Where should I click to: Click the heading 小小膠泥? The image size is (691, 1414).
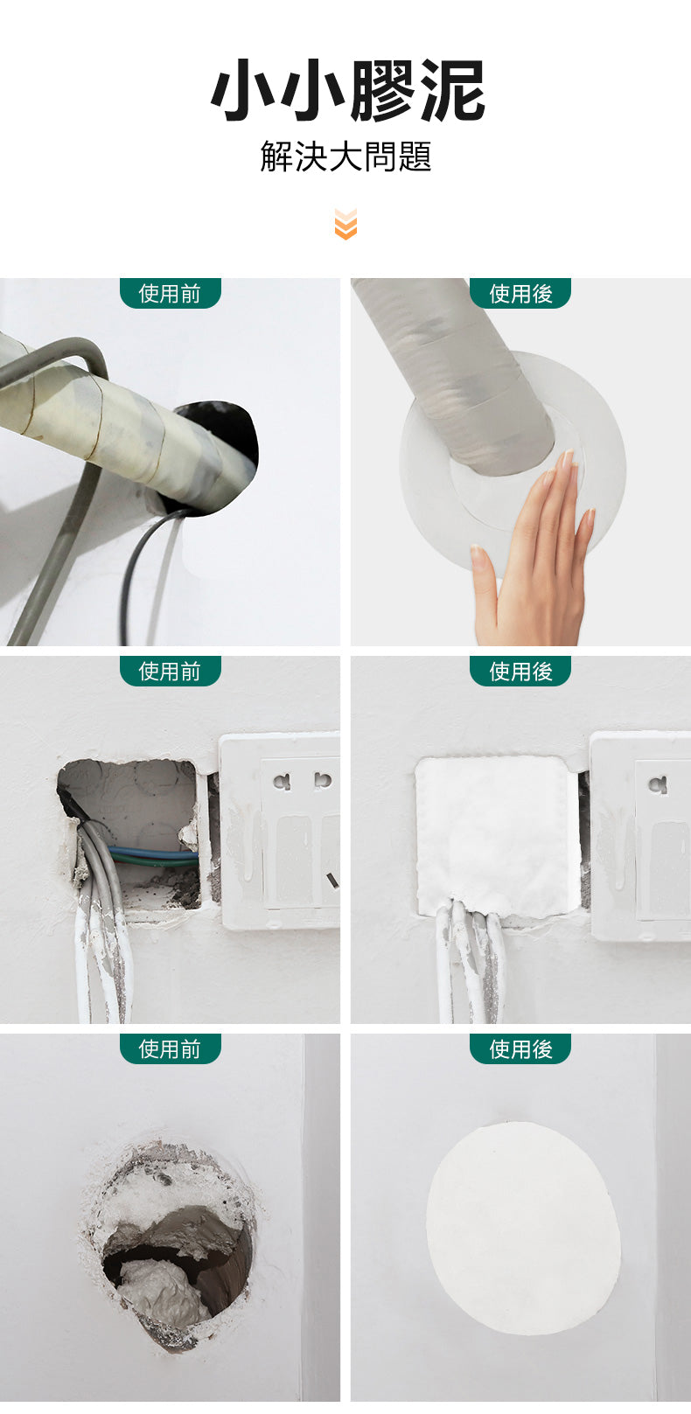coord(346,90)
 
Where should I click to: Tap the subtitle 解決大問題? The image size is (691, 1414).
coord(345,157)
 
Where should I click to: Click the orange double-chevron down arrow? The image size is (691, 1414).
coord(345,224)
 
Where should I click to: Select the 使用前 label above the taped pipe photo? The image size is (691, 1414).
coord(170,294)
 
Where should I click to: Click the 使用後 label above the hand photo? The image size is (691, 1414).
coord(520,294)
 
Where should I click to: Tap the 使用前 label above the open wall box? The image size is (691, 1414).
coord(170,671)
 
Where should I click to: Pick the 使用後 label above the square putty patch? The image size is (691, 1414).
coord(520,671)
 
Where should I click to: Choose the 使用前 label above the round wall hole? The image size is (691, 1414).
coord(170,1048)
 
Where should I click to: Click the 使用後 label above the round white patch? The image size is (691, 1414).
coord(520,1048)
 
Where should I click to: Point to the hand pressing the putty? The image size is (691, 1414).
coord(537,555)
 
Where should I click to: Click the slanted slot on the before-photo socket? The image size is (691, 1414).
coord(333,880)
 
